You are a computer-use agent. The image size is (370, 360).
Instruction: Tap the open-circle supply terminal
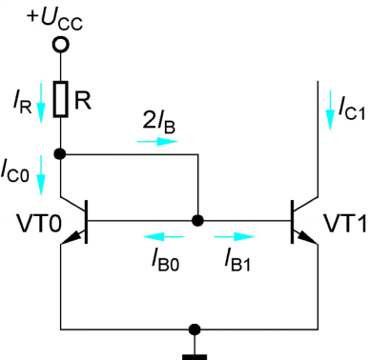(61, 44)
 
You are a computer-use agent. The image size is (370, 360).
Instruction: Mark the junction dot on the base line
(197, 220)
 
